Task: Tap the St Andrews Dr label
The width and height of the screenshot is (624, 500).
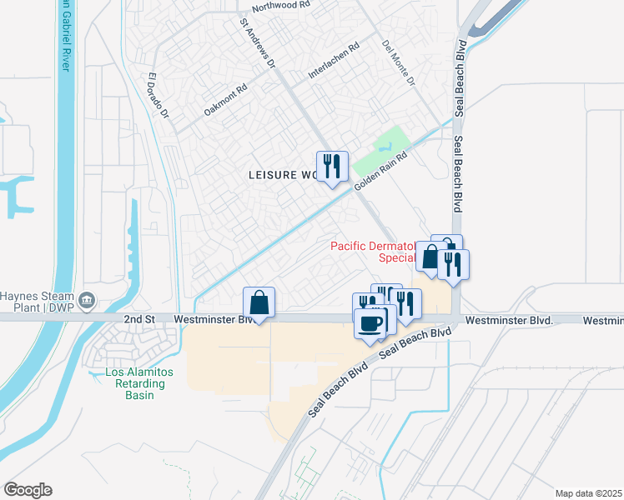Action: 257,43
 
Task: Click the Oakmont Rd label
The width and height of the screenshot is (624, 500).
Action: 226,100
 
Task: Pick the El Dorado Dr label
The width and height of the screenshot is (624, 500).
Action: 159,95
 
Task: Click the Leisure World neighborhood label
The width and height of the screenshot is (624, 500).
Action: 284,175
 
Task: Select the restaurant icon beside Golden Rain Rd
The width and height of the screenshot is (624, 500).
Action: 332,167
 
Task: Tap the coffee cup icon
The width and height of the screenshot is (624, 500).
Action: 370,323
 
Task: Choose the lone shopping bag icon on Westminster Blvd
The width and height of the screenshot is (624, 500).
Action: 259,302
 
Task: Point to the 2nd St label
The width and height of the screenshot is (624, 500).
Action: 139,319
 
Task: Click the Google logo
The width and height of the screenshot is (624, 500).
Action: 28,490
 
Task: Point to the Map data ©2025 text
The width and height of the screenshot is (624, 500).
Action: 587,493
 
